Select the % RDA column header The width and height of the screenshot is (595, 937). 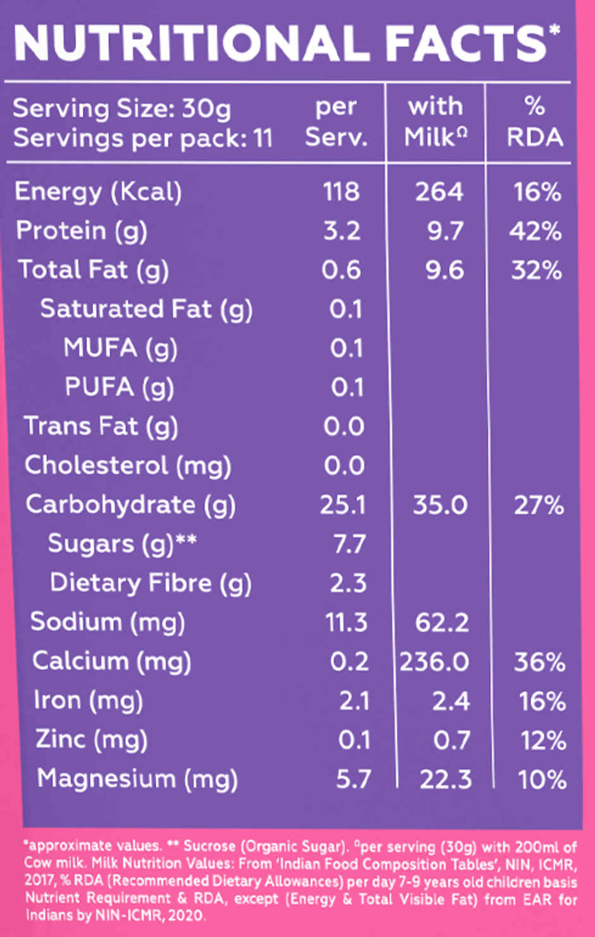(x=534, y=122)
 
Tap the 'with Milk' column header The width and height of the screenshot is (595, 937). (x=435, y=122)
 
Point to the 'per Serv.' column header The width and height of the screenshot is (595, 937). (x=336, y=122)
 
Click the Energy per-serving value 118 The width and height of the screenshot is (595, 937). (x=341, y=192)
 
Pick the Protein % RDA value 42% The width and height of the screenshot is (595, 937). (x=535, y=231)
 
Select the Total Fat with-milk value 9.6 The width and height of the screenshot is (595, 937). (x=446, y=270)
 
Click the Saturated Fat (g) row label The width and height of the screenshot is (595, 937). (x=146, y=310)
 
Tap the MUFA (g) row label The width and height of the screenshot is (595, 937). (x=120, y=349)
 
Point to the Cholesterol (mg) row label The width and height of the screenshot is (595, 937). (x=128, y=466)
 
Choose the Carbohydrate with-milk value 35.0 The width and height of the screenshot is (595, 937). (x=440, y=505)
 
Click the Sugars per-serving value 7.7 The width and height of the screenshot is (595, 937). (x=349, y=544)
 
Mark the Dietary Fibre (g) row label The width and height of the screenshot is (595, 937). (x=151, y=583)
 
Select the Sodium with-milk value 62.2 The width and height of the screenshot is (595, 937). (x=442, y=623)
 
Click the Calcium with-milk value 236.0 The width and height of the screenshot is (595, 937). (x=434, y=662)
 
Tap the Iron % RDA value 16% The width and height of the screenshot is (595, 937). (x=542, y=701)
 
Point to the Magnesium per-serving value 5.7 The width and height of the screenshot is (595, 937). (x=353, y=779)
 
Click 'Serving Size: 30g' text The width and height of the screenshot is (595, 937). (x=122, y=109)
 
